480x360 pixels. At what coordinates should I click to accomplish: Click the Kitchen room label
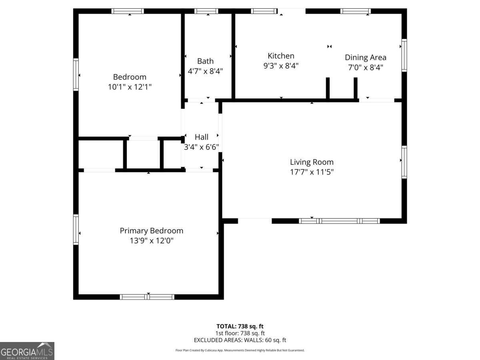[x=281, y=56]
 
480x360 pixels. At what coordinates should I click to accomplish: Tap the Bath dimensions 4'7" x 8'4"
[x=205, y=71]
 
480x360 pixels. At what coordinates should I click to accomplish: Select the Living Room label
[x=312, y=162]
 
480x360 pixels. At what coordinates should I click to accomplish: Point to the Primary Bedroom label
[x=151, y=231]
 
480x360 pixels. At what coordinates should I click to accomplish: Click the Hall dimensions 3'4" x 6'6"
[x=201, y=147]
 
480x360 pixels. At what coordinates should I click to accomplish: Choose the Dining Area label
[x=366, y=57]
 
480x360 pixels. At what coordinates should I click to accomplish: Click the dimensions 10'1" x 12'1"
[x=130, y=87]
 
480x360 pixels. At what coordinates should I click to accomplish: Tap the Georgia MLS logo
[x=27, y=351]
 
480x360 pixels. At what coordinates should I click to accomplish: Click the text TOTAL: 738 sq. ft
[x=240, y=326]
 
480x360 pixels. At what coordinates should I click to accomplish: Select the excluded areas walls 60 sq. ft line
[x=240, y=340]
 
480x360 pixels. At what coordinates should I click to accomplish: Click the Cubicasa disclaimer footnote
[x=240, y=350]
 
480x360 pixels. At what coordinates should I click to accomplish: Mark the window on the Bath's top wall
[x=206, y=11]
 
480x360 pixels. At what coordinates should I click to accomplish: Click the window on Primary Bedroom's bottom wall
[x=147, y=297]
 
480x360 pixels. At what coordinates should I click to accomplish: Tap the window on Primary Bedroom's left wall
[x=76, y=229]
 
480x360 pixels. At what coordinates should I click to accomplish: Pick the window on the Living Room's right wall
[x=404, y=162]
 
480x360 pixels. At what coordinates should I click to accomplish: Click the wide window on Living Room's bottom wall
[x=339, y=221]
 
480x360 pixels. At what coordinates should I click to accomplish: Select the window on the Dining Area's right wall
[x=404, y=55]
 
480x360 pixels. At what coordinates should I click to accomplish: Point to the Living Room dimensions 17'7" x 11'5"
[x=312, y=172]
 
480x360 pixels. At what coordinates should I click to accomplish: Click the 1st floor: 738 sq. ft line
[x=240, y=333]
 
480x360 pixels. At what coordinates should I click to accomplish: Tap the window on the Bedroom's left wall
[x=76, y=74]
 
